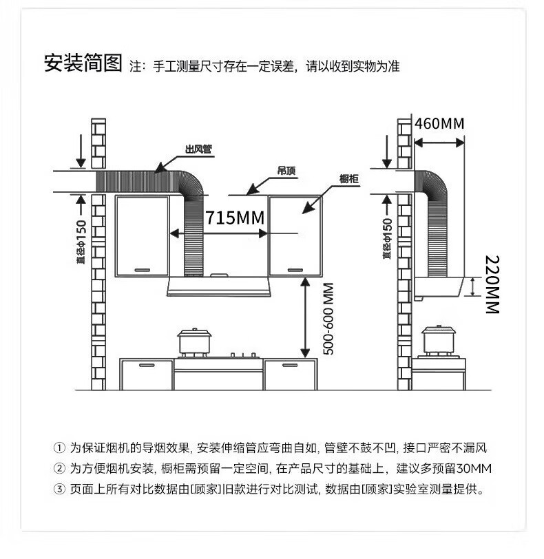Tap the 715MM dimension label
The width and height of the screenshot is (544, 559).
click(235, 218)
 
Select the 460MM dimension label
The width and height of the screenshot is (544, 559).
click(439, 123)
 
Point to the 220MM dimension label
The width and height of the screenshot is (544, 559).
click(492, 284)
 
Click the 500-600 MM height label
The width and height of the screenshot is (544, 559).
click(328, 319)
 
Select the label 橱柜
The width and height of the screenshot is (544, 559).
click(350, 179)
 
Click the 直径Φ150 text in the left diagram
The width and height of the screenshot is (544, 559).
click(81, 242)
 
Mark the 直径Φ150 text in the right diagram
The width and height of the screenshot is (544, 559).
click(387, 240)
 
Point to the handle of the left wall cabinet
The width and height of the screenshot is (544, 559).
click(143, 268)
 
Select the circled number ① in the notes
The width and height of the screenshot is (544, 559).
click(59, 448)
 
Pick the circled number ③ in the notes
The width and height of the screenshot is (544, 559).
click(59, 489)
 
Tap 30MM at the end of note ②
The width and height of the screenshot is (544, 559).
click(473, 469)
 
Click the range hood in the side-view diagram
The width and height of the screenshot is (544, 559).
click(441, 287)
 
